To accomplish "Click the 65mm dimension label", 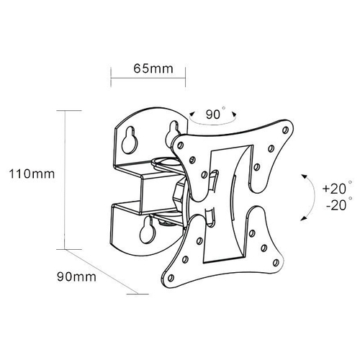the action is coord(153,68).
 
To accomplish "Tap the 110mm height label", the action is coord(32,174).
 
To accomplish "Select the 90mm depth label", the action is coord(76,276).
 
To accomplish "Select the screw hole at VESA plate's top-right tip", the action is coord(286,130).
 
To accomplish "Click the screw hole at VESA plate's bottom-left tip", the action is coord(171,278).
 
